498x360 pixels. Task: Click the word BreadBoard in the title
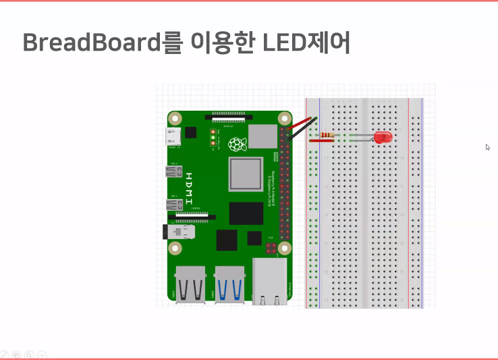[91, 43]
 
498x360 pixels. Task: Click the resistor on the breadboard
[327, 136]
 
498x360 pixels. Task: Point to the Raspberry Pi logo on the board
[236, 144]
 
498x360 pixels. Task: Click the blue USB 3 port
[229, 284]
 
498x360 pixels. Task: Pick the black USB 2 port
[190, 284]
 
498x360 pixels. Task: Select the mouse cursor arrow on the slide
[487, 147]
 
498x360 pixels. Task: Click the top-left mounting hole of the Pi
[175, 118]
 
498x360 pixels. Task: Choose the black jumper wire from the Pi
[302, 130]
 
